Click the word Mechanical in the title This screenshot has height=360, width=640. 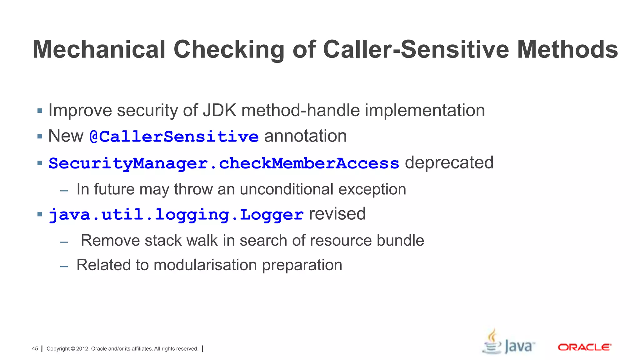point(99,49)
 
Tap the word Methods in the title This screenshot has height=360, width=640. point(567,49)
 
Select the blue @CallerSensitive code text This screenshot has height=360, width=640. point(174,137)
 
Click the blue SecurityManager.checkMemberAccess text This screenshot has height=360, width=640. point(224,163)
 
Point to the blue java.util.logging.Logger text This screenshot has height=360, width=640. point(176,215)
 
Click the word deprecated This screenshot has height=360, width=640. point(449,163)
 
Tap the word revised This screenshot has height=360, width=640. point(337,214)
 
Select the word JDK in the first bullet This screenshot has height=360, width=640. point(219,110)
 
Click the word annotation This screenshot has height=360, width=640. point(305,136)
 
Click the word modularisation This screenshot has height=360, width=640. point(205,265)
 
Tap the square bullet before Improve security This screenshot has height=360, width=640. point(40,111)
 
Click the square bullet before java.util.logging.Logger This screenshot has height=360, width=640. point(40,214)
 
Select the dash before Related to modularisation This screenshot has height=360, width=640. point(64,267)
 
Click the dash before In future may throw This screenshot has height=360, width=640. point(64,191)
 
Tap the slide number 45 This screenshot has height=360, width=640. point(35,349)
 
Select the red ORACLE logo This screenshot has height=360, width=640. point(584,347)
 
